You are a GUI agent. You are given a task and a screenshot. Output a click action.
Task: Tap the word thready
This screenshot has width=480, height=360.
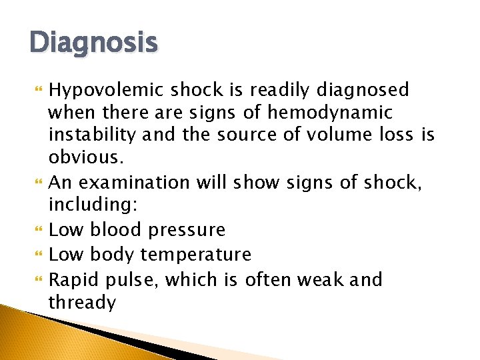click(82, 303)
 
